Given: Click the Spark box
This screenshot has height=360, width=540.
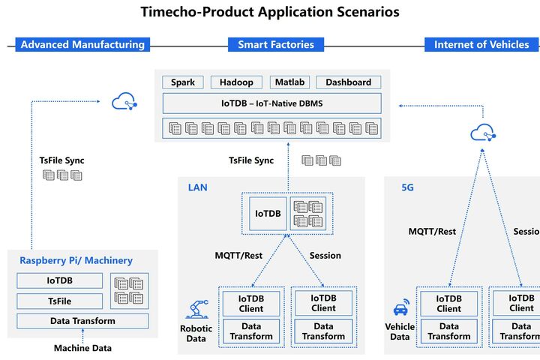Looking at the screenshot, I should click(183, 82).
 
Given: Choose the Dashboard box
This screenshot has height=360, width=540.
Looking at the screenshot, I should click(348, 82).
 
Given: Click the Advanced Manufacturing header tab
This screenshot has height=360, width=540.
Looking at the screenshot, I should click(82, 45).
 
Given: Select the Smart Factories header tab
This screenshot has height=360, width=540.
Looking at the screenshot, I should click(276, 45).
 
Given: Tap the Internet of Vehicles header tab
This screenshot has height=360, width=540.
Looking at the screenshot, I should click(481, 45).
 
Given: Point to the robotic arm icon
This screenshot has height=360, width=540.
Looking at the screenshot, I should click(196, 308).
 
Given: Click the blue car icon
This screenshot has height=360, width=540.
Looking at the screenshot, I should click(400, 309).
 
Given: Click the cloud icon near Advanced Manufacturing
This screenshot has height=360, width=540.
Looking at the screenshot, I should click(123, 100).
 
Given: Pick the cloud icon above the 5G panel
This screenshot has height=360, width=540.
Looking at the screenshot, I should click(482, 133).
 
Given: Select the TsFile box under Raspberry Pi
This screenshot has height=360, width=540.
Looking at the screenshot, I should click(60, 301).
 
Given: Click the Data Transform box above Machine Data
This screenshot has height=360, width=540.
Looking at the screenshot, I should click(82, 321).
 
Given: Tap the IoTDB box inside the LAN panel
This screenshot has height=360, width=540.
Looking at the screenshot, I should click(268, 214).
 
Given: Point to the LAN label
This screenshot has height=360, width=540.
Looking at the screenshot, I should click(198, 187).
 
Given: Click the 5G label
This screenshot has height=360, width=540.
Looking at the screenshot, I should click(407, 187).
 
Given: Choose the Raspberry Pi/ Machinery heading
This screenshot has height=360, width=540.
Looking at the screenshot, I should click(76, 260).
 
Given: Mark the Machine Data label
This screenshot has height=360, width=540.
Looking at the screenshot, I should click(82, 348).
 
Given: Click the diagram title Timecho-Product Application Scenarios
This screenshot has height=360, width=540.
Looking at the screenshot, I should click(270, 12).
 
